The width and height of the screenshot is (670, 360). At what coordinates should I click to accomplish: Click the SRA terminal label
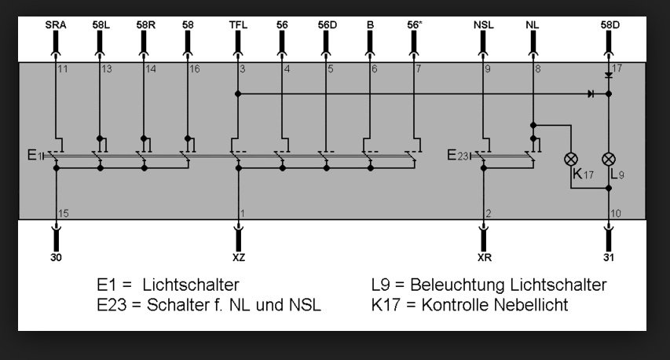point(56,25)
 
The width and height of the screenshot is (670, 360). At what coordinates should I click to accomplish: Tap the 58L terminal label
point(101,25)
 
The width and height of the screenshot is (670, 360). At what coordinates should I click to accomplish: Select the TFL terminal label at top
point(238,25)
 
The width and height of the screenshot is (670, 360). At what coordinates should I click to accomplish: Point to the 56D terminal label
point(328,25)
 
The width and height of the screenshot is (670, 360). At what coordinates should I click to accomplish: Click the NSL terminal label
point(483,25)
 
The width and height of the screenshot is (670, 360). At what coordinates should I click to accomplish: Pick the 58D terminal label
point(610,25)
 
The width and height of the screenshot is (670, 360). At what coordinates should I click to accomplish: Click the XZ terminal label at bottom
point(239,257)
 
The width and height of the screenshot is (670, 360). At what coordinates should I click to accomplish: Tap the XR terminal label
point(484,257)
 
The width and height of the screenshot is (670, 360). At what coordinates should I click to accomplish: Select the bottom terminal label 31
point(609,257)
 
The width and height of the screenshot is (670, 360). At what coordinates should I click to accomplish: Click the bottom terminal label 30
point(56,257)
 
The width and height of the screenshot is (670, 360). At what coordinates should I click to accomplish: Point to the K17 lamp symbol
point(571,160)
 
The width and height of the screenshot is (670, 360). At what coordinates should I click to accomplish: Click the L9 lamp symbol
point(609,160)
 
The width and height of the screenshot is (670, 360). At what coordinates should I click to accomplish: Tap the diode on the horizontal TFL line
point(591,94)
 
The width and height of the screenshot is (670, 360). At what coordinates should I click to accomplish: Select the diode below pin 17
point(609,75)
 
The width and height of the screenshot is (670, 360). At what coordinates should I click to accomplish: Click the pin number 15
point(64,213)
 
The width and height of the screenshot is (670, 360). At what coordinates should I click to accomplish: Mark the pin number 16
point(195,69)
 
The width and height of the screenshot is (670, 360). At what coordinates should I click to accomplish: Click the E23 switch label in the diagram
point(458,155)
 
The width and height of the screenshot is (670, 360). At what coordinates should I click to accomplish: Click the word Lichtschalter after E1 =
point(191,285)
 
